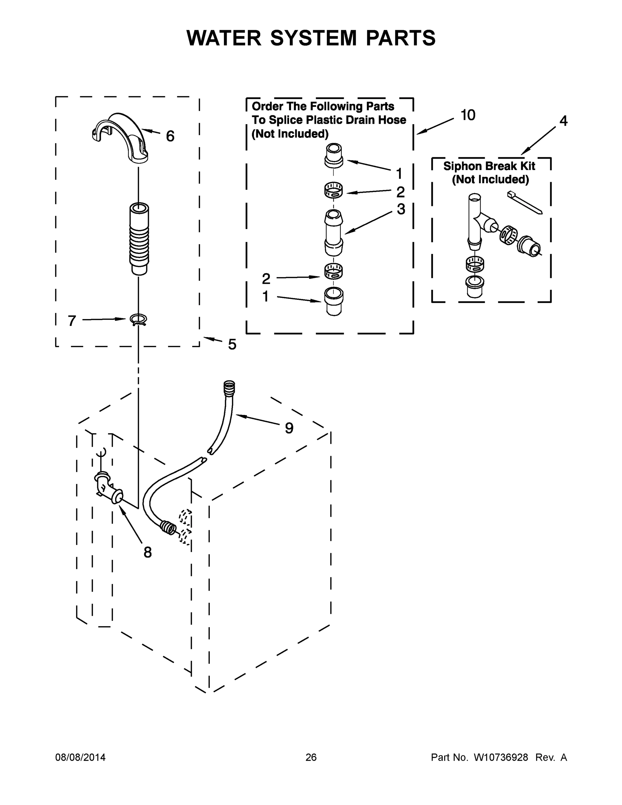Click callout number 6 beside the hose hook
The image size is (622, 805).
pyautogui.click(x=170, y=137)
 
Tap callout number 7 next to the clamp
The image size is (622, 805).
pyautogui.click(x=72, y=321)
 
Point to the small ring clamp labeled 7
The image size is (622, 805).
pyautogui.click(x=138, y=319)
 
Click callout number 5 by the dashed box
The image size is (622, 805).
pyautogui.click(x=232, y=344)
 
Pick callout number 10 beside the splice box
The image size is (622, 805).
pyautogui.click(x=468, y=115)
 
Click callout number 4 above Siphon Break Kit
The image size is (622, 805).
pyautogui.click(x=563, y=120)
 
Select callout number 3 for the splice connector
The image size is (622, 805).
pyautogui.click(x=401, y=209)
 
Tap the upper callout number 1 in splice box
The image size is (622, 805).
pyautogui.click(x=399, y=173)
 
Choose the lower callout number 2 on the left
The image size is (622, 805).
pyautogui.click(x=266, y=279)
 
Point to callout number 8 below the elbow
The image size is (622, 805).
pyautogui.click(x=148, y=552)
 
